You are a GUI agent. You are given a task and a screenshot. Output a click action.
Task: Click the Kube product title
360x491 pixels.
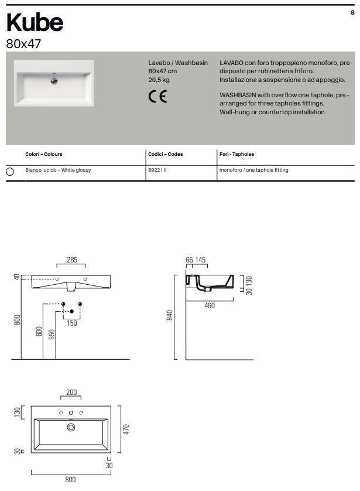pos(35,23)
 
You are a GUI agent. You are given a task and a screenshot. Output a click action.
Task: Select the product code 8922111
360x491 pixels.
pos(158,170)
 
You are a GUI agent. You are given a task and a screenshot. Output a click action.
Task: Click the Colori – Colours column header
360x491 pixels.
pos(43,154)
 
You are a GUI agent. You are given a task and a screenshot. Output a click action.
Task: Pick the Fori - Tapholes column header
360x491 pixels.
pos(236,154)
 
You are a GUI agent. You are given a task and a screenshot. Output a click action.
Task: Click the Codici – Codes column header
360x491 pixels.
pos(166,154)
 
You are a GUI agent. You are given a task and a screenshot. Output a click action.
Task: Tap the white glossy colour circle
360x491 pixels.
pos(9,171)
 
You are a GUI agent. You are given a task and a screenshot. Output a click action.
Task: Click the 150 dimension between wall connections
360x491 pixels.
pos(71,323)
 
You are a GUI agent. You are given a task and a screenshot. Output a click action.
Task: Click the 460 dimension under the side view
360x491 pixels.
pos(210,306)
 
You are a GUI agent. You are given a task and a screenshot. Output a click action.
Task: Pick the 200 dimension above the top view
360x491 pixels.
pos(71,393)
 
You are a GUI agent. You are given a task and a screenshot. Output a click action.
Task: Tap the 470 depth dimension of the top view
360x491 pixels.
pos(125,429)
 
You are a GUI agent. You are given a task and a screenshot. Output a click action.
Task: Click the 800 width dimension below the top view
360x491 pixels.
pos(70,480)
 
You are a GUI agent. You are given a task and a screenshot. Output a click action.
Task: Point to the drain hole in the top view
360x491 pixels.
pos(71,428)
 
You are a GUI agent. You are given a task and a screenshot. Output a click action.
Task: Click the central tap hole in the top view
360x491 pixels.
pos(71,413)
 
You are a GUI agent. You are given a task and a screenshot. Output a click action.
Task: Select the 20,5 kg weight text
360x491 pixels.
pos(159,79)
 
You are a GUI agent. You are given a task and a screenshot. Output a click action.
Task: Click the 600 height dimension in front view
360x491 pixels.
pos(38,332)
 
